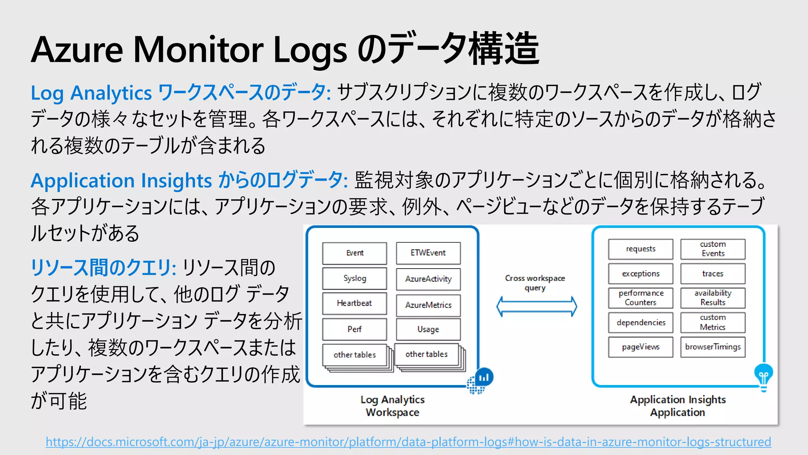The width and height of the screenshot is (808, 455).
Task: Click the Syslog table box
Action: tap(354, 278)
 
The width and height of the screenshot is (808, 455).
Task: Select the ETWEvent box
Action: tap(428, 253)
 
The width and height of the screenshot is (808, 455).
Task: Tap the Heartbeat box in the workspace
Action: tap(354, 303)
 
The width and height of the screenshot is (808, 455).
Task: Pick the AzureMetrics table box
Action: tap(428, 305)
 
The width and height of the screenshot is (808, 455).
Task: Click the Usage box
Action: tap(428, 329)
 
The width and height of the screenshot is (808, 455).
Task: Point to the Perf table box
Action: tap(354, 329)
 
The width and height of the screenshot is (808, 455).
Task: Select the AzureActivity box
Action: tap(428, 279)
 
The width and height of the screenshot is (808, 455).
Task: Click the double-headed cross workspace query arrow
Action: tap(537, 306)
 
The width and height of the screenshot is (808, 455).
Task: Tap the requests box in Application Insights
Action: tap(640, 249)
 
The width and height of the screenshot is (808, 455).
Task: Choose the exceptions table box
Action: tap(640, 274)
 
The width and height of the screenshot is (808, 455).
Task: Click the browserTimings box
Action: tap(713, 347)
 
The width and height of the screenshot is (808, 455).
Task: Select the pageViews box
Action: tap(640, 347)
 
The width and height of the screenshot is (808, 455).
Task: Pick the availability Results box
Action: tap(713, 298)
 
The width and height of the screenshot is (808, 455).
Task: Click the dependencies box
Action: tap(640, 323)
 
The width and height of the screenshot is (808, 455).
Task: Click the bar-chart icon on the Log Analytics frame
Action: tap(484, 378)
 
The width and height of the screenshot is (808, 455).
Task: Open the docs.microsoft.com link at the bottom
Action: tap(408, 442)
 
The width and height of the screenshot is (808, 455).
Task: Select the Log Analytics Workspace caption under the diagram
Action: tap(393, 406)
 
